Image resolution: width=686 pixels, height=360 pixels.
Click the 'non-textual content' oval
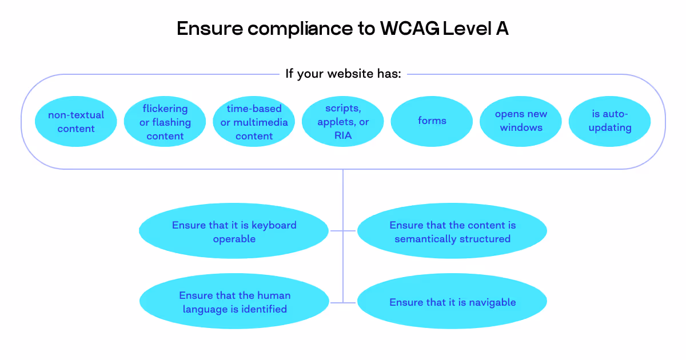pos(76,122)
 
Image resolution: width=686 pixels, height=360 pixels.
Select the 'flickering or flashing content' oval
pos(165,122)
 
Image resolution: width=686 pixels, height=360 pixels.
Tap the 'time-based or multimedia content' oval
pos(254,122)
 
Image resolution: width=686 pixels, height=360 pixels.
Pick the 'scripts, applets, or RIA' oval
pos(342,122)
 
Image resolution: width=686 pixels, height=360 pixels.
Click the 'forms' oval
pos(432,121)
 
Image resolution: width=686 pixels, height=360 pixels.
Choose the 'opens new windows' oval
pos(521,121)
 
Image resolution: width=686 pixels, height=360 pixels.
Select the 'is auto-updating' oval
pos(610,121)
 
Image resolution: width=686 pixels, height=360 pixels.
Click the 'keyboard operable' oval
pos(234,231)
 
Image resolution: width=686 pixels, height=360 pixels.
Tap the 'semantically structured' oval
pos(452,231)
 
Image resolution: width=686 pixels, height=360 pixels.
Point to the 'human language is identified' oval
pos(234,302)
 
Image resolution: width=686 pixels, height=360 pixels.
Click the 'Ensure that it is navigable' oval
pos(452,302)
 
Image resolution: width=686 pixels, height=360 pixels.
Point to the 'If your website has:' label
pos(343,74)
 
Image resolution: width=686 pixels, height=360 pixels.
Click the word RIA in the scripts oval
pos(343,135)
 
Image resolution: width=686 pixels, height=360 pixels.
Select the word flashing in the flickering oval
pos(171,122)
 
